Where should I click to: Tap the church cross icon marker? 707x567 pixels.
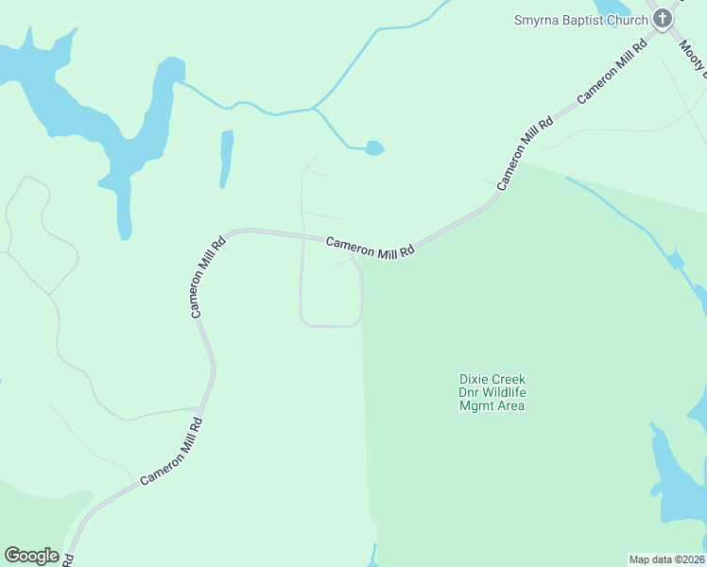[663, 18]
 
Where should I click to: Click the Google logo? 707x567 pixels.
[31, 556]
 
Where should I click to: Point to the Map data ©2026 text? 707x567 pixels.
[667, 559]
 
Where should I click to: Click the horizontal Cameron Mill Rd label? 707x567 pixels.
[371, 249]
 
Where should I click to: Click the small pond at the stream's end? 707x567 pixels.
[374, 148]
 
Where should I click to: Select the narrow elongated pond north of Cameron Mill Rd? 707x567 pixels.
[226, 158]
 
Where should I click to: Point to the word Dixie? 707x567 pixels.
[464, 380]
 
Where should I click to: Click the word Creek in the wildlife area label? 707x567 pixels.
[507, 380]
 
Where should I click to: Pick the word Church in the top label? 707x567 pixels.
[627, 19]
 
